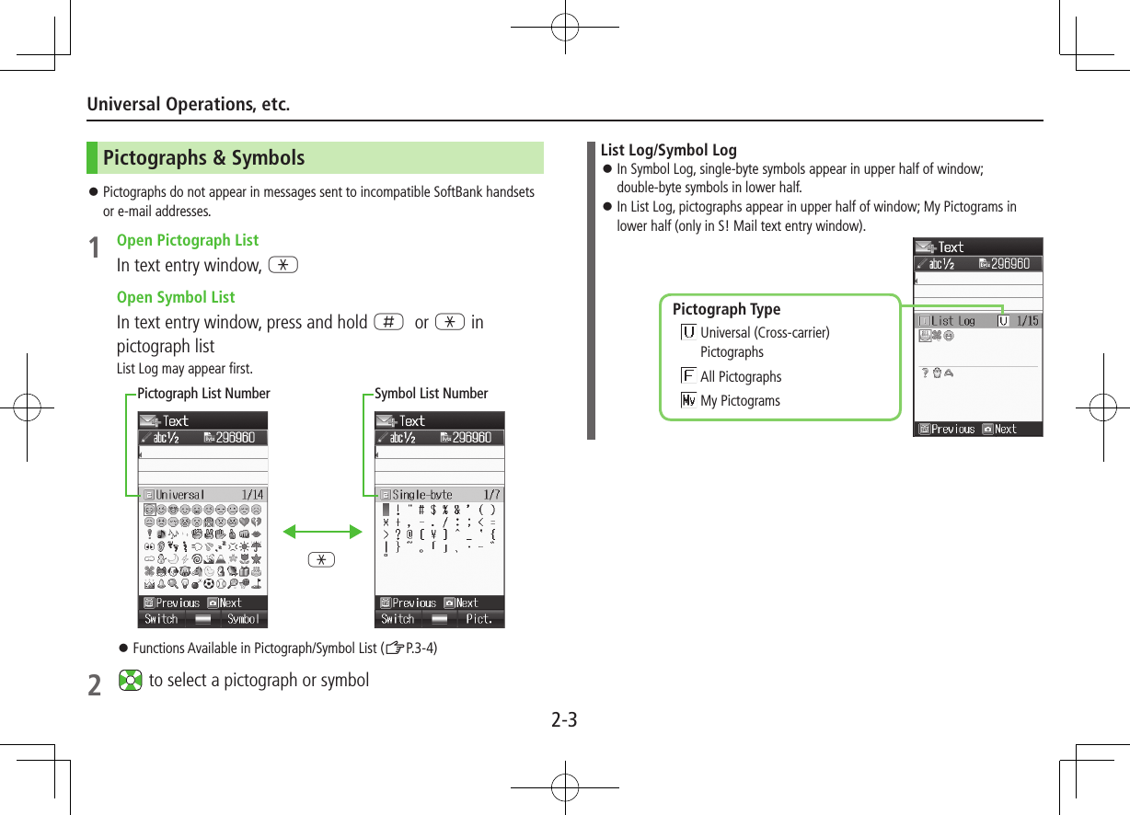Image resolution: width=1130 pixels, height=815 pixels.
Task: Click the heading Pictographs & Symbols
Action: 203,158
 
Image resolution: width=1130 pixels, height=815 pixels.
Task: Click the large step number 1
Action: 94,248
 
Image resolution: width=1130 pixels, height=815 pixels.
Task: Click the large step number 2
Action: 94,686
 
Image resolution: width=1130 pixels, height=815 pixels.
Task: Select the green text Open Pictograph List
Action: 188,240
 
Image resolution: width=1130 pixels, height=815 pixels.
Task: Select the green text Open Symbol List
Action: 176,297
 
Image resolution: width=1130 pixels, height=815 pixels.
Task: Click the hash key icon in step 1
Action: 388,322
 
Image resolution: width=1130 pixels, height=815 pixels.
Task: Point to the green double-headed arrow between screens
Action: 322,531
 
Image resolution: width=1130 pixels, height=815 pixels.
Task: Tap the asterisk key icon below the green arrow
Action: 322,559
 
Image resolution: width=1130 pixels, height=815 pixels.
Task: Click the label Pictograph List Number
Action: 203,394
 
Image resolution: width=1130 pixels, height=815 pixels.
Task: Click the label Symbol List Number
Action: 431,394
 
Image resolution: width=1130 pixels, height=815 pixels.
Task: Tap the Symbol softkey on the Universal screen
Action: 244,619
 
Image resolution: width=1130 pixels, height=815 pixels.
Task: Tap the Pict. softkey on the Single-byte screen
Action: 479,619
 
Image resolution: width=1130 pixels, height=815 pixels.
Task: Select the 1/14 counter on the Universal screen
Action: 251,495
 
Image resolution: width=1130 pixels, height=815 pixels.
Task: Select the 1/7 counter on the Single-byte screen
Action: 491,495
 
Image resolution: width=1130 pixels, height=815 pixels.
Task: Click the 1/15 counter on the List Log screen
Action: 1027,321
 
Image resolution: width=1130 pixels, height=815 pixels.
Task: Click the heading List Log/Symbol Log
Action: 668,150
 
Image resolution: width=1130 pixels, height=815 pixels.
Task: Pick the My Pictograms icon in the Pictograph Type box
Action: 687,400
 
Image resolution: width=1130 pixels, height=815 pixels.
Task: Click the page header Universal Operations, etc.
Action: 189,104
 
